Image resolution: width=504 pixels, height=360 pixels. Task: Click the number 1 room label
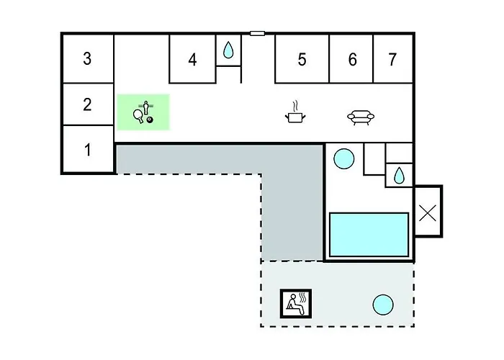(x=88, y=150)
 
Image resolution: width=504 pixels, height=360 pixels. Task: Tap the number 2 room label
(x=87, y=104)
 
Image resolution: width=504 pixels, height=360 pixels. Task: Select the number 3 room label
(x=87, y=58)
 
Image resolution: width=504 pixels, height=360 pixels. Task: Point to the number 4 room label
(x=192, y=60)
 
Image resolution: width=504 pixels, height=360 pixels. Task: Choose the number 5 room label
(x=302, y=60)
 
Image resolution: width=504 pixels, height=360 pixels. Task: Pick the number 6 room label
(x=353, y=60)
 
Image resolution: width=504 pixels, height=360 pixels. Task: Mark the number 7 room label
(x=392, y=60)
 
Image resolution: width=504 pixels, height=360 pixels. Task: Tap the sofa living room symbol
(x=361, y=117)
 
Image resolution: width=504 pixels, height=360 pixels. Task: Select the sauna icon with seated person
(x=296, y=304)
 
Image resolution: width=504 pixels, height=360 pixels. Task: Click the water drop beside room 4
(x=228, y=50)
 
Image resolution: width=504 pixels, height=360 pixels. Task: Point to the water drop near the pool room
(x=399, y=176)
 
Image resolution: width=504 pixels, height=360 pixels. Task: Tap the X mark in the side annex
(x=428, y=213)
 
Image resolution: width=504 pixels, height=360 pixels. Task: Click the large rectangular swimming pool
(x=369, y=234)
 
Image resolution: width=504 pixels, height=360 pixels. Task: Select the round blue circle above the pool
(x=344, y=159)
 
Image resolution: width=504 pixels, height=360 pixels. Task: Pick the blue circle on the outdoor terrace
(x=383, y=305)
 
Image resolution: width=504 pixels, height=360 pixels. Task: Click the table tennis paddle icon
(x=138, y=116)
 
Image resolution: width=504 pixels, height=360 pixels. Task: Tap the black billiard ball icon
(x=150, y=120)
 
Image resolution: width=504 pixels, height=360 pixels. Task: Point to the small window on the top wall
(x=258, y=33)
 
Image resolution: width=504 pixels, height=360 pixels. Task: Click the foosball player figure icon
(x=146, y=107)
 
